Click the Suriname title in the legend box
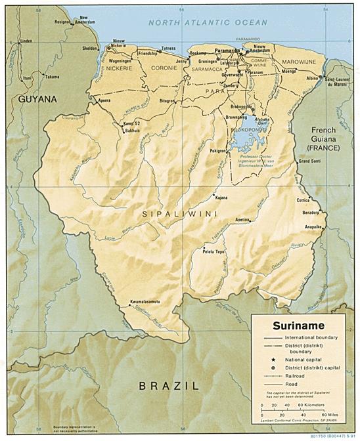[299, 325]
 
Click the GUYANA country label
[37, 99]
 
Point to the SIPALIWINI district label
[172, 214]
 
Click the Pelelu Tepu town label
[214, 251]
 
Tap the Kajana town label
[221, 197]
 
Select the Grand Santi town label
[309, 161]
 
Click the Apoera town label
[104, 100]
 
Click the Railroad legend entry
[296, 377]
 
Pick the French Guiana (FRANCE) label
[325, 139]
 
